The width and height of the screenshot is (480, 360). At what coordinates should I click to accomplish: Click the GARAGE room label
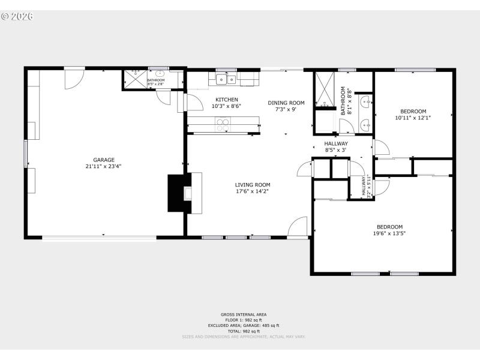pyautogui.click(x=104, y=160)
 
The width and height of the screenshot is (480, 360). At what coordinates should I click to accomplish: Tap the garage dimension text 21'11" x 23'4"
pyautogui.click(x=104, y=167)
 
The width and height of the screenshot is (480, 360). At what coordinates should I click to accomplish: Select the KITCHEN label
pyautogui.click(x=227, y=100)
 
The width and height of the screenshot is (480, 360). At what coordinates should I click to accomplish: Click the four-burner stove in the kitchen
pyautogui.click(x=223, y=125)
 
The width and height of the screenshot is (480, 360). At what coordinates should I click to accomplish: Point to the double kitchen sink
pyautogui.click(x=226, y=79)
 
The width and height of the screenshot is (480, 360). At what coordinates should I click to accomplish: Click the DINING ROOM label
pyautogui.click(x=286, y=103)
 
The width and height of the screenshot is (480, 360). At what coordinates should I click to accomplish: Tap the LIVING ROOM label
pyautogui.click(x=253, y=185)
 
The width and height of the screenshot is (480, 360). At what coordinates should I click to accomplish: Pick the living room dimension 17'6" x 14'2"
pyautogui.click(x=253, y=191)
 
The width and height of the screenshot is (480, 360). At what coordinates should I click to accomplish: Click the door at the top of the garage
pyautogui.click(x=74, y=77)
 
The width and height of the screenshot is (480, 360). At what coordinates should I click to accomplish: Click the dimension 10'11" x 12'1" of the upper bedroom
pyautogui.click(x=413, y=118)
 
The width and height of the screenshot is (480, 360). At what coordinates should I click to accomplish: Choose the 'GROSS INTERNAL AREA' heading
pyautogui.click(x=243, y=314)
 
